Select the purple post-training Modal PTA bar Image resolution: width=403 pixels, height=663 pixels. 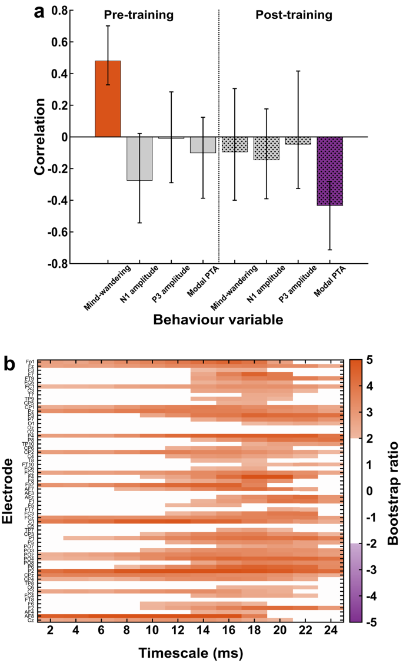coord(329,171)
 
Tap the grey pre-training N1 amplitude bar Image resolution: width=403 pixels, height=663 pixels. coord(139,158)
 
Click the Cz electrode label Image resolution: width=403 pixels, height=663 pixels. coord(30,620)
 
